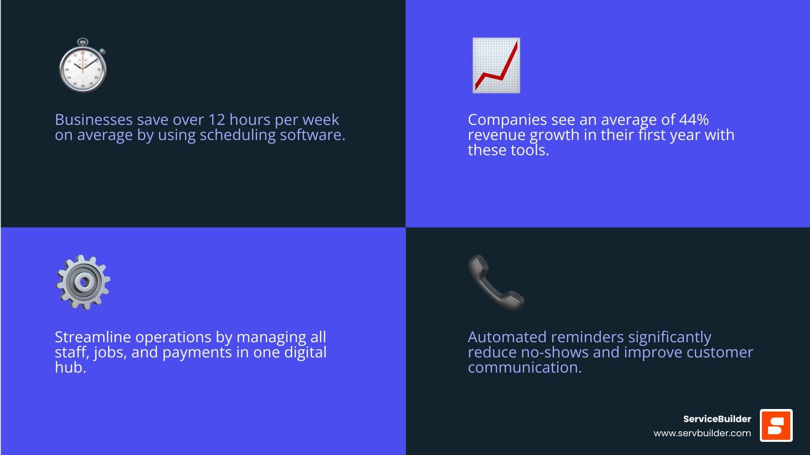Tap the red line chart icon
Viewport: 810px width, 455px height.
(497, 65)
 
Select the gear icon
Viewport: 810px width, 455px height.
(83, 283)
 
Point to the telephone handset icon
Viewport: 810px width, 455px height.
(496, 283)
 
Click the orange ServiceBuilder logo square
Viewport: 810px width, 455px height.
(776, 425)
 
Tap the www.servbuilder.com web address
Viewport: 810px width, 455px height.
(702, 433)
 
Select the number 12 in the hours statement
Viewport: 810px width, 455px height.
(217, 119)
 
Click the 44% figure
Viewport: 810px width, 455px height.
(694, 119)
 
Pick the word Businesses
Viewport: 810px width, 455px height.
(94, 119)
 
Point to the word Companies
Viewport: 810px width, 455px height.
(507, 119)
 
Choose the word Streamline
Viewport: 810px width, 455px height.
(93, 337)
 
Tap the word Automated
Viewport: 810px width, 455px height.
(507, 337)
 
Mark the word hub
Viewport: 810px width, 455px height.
(70, 367)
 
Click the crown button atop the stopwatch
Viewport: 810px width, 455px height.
(83, 41)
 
